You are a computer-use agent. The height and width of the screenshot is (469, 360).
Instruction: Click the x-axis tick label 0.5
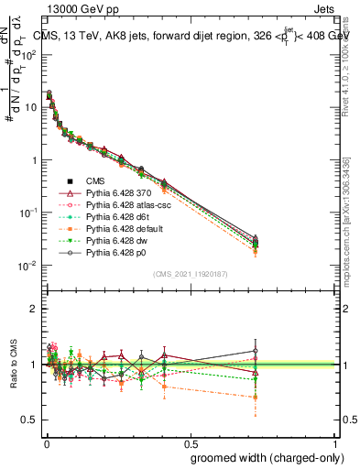pyautogui.click(x=191, y=445)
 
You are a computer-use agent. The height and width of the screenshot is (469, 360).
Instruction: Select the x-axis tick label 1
pyautogui.click(x=335, y=445)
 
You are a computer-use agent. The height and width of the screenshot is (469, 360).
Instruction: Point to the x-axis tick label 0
pyautogui.click(x=46, y=445)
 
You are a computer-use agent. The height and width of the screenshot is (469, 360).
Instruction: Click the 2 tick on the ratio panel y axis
pyautogui.click(x=35, y=309)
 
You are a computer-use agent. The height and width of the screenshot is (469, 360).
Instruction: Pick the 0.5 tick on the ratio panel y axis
pyautogui.click(x=31, y=420)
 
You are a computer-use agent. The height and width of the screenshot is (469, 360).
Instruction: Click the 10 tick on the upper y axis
pyautogui.click(x=31, y=107)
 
